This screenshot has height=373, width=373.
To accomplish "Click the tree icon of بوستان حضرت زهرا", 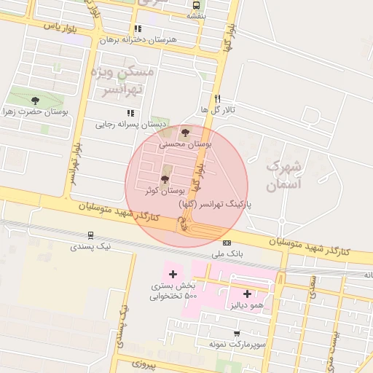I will click(35, 101).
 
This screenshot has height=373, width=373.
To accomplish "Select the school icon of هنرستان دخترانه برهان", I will click(138, 29).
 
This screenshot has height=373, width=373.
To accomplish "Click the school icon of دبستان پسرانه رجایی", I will click(130, 113).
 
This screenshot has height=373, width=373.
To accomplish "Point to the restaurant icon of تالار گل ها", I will click(216, 98).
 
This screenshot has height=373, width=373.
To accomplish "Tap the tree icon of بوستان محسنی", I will click(184, 133).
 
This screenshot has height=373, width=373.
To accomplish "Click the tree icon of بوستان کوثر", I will click(165, 178).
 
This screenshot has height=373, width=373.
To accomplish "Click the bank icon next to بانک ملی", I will click(227, 243).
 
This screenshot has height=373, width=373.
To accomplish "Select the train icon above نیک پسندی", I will click(90, 235).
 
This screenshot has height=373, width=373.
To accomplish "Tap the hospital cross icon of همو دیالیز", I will click(247, 294).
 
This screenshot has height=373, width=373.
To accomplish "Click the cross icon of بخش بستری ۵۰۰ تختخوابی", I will click(173, 275).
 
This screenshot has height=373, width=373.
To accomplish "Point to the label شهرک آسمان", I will click(283, 175).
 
